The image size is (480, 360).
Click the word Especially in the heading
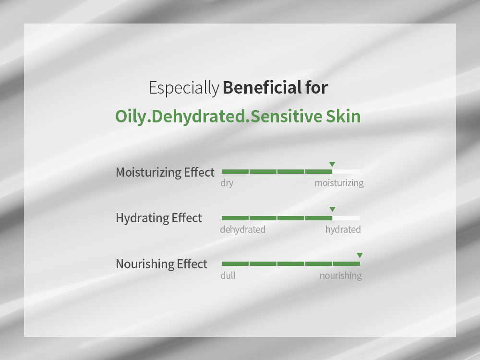pos(184,88)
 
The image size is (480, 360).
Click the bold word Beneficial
pos(263,87)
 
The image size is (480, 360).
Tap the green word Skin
pos(343,116)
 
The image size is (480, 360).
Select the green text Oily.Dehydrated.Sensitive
pos(218,117)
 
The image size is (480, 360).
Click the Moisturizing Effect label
pos(165,172)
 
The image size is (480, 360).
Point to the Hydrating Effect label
pos(158,218)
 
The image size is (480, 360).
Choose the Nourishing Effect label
pos(161,264)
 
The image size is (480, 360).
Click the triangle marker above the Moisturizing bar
pos(332,164)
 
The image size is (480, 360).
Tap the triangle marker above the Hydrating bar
pos(332,209)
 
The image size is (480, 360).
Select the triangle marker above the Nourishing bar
pos(360,255)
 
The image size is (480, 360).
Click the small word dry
pos(227,183)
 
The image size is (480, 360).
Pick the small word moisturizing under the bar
pos(339,183)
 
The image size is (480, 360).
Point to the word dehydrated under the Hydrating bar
pos(243,229)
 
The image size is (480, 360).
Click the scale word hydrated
pos(343,229)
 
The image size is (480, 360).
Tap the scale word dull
pos(228,275)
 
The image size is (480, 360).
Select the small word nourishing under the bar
pos(340,276)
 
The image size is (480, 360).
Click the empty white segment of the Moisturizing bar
pos(346,172)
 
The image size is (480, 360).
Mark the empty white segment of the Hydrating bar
pos(346,218)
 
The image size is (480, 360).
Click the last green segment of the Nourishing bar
pos(347,264)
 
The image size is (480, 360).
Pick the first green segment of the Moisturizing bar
pos(235,172)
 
